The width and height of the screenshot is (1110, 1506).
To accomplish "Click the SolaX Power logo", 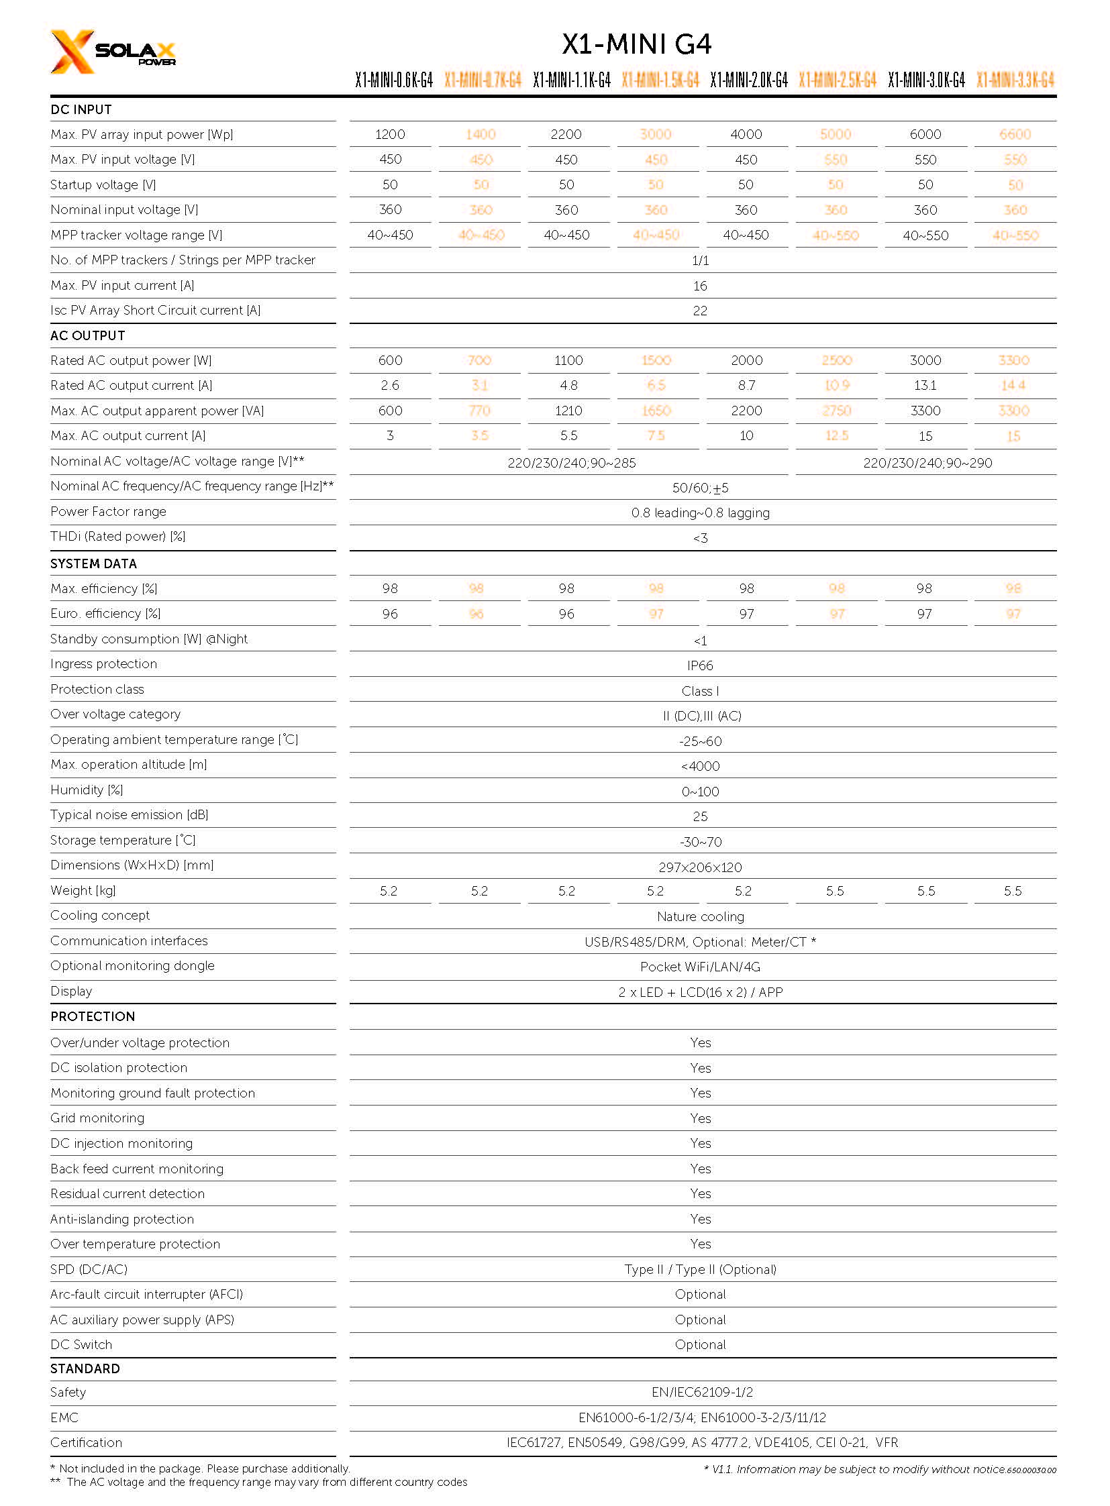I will pyautogui.click(x=112, y=52).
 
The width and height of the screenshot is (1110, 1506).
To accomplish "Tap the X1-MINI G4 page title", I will pyautogui.click(x=636, y=44).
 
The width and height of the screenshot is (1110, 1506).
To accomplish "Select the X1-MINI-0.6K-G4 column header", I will pyautogui.click(x=394, y=80).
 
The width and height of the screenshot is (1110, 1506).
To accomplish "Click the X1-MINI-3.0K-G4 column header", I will pyautogui.click(x=926, y=80).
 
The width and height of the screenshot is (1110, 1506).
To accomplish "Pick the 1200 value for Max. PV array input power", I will pyautogui.click(x=390, y=134).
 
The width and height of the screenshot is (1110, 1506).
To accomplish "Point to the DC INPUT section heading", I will pyautogui.click(x=81, y=109).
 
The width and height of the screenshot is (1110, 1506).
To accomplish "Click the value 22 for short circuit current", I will pyautogui.click(x=700, y=311).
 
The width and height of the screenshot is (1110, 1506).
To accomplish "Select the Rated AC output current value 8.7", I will pyautogui.click(x=746, y=386).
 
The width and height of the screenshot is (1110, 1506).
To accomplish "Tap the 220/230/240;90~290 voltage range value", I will pyautogui.click(x=927, y=463).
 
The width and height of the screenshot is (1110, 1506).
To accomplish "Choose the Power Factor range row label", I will pyautogui.click(x=108, y=512).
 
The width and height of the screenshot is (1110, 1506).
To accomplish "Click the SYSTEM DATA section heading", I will pyautogui.click(x=93, y=563).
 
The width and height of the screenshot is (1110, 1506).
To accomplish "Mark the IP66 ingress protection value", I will pyautogui.click(x=700, y=665).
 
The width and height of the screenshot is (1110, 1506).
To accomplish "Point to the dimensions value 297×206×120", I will pyautogui.click(x=700, y=867).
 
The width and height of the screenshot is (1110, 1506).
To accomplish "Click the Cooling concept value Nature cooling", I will pyautogui.click(x=700, y=917).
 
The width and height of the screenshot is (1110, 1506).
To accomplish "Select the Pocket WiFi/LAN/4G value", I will pyautogui.click(x=700, y=967).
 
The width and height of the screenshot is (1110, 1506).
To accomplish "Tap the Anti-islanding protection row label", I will pyautogui.click(x=121, y=1219).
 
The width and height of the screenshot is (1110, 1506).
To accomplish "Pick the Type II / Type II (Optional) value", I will pyautogui.click(x=700, y=1270).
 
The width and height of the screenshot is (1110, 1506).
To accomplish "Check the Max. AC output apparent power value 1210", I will pyautogui.click(x=568, y=411).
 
